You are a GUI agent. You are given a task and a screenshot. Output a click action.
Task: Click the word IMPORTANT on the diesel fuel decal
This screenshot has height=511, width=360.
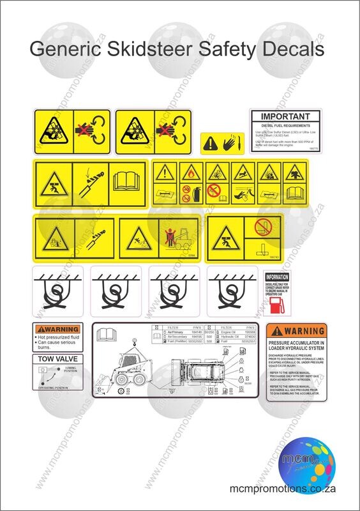click(x=285, y=117)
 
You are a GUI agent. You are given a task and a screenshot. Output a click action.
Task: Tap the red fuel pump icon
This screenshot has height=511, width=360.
click(x=276, y=306)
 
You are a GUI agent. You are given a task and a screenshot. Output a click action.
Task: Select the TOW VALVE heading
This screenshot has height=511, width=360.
click(x=57, y=359)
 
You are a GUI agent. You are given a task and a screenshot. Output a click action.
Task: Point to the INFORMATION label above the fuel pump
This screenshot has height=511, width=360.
click(x=277, y=277)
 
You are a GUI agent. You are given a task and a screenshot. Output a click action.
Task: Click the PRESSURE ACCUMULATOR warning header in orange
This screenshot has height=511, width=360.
click(x=296, y=332)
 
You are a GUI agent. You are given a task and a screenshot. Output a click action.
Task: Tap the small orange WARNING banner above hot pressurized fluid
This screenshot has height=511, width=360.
click(x=57, y=330)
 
